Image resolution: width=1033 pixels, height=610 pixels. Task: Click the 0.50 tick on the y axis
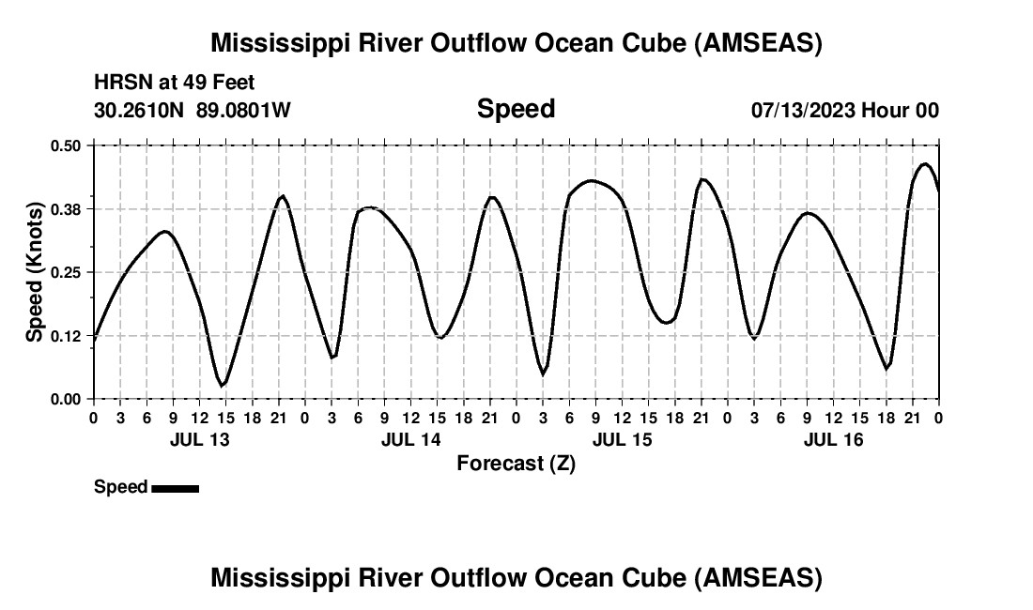[67, 145]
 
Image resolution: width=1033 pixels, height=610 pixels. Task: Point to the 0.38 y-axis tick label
[67, 208]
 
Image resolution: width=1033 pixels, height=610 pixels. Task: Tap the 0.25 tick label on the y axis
[67, 272]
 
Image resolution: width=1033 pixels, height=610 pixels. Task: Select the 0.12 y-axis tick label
[67, 335]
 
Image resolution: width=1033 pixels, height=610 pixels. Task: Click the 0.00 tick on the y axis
[67, 399]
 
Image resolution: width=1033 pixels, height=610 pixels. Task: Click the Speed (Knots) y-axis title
[35, 272]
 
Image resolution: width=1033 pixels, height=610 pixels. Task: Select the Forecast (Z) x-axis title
[516, 463]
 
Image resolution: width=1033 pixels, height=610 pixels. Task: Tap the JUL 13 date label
[198, 439]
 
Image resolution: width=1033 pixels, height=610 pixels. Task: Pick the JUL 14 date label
[410, 439]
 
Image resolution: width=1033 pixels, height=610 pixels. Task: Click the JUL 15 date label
[622, 439]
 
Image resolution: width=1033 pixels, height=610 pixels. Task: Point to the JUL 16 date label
[833, 439]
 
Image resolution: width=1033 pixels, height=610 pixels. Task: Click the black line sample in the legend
[175, 488]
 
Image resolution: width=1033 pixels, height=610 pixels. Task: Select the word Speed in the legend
[120, 487]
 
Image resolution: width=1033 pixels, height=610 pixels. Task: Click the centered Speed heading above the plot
[516, 109]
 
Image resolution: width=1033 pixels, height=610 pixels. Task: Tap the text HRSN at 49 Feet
[175, 84]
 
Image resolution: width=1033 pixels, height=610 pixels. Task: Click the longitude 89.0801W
[243, 111]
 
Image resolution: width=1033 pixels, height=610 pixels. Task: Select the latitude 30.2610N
[141, 111]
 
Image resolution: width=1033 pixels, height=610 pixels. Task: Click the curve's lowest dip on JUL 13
[222, 385]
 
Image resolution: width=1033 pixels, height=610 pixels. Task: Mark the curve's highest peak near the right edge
[925, 164]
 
